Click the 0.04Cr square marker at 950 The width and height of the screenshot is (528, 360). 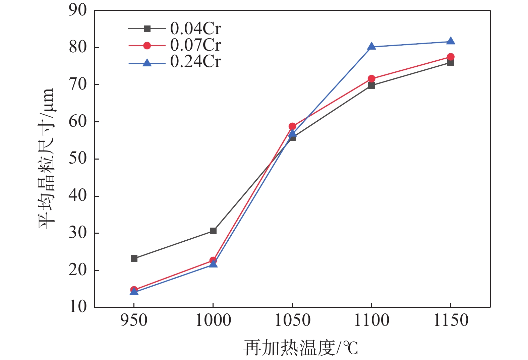coord(134,258)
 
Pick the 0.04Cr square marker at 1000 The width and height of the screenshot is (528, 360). coord(213,231)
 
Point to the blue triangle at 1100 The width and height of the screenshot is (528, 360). coord(371,47)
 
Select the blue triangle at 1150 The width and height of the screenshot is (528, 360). coord(451,41)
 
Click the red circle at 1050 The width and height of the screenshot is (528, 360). coord(292,126)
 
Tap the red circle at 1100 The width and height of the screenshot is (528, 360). coord(371,79)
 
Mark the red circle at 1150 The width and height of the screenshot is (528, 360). coord(451,57)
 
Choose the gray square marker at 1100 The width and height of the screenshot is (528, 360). coord(371,85)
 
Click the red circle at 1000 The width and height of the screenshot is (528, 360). coord(213,260)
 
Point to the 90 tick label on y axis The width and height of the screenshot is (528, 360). coord(77,10)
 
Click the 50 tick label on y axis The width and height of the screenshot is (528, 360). coord(77,159)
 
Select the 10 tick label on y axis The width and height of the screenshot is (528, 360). coord(77,307)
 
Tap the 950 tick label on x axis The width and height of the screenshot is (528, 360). coord(134,320)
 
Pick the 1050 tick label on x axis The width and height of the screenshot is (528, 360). coord(292,320)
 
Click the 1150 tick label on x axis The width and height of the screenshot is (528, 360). coord(451,320)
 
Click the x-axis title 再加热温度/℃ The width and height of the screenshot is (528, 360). coord(301,348)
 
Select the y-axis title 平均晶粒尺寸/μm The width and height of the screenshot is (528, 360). coord(46,159)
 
